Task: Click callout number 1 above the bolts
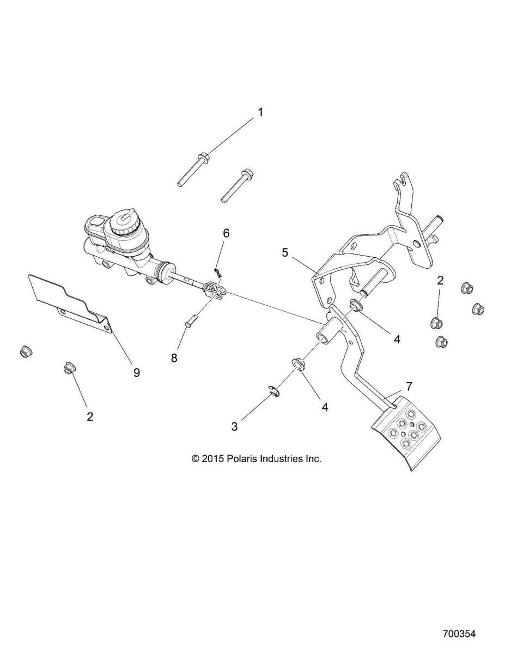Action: (x=260, y=112)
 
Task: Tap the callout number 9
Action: (x=137, y=373)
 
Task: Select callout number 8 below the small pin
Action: (x=174, y=358)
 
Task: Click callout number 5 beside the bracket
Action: (x=284, y=252)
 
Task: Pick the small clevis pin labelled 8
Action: (x=190, y=319)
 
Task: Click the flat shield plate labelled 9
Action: (x=71, y=304)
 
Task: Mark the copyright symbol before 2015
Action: (x=196, y=459)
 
